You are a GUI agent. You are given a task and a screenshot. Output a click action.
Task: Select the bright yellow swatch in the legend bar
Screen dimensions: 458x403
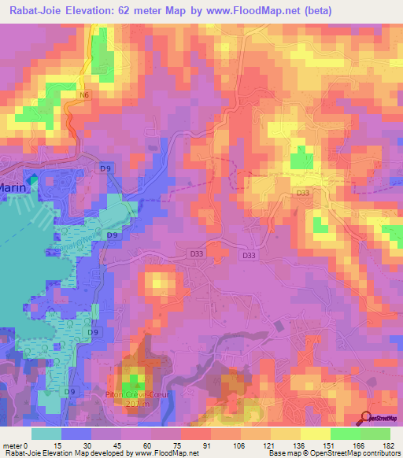315,433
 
